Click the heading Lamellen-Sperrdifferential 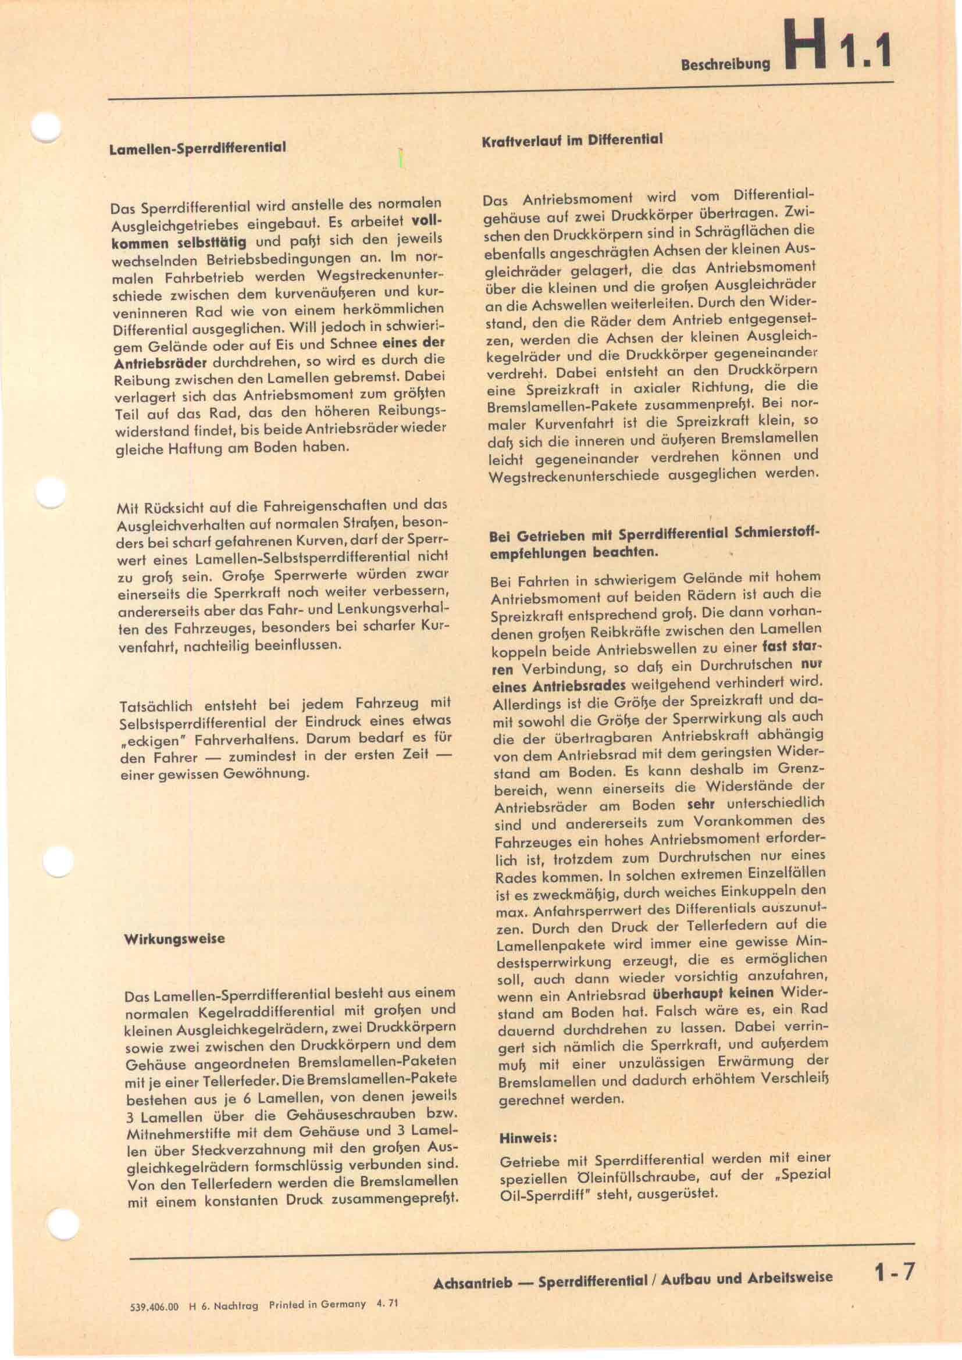pos(198,148)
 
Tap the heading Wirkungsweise pos(174,939)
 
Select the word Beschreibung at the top pos(726,65)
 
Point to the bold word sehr pos(701,804)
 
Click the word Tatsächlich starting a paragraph pos(156,706)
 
